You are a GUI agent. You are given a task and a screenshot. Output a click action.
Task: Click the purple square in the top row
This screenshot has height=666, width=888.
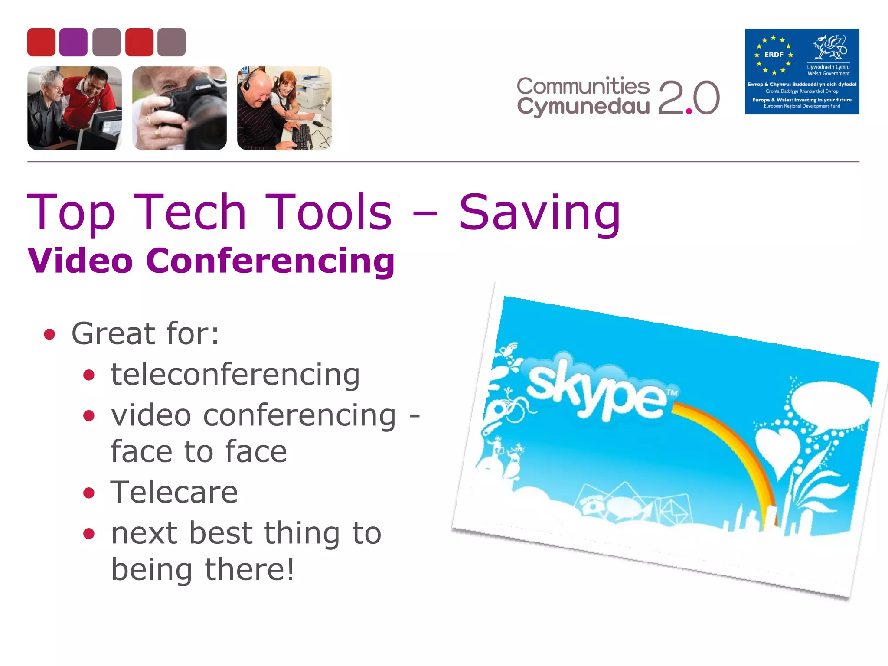coord(73,42)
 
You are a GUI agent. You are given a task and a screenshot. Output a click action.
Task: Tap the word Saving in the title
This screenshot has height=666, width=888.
coord(539,212)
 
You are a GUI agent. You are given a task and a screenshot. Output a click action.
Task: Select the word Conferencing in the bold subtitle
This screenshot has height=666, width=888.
coord(270,261)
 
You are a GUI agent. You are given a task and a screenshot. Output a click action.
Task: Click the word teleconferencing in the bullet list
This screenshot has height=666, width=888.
coord(235,375)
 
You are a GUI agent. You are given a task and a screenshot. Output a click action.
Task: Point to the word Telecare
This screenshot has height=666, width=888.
coord(174,493)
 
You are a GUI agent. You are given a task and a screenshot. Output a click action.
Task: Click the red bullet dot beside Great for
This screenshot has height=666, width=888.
coord(49,334)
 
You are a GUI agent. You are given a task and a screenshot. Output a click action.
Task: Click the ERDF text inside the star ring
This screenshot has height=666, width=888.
coord(774,55)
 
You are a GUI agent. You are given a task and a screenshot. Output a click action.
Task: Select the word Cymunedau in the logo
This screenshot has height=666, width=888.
coord(583,107)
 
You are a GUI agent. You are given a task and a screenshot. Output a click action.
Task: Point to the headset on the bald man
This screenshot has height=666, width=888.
coord(247,82)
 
